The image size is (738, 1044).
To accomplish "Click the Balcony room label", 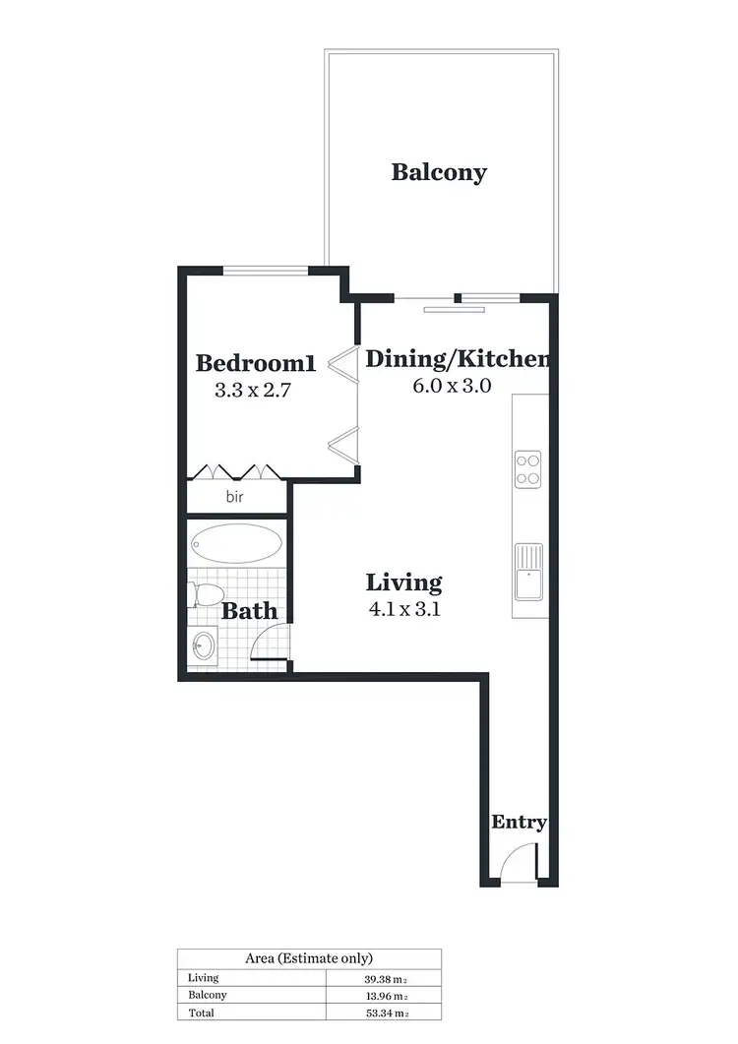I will click(x=439, y=172).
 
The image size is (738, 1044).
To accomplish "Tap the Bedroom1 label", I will click(x=256, y=363).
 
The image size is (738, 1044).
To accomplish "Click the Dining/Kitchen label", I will click(x=458, y=359).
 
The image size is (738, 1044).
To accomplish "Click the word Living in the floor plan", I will click(x=404, y=582).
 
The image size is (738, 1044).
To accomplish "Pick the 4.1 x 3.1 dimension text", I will click(x=402, y=608).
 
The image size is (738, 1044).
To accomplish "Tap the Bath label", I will click(x=249, y=611).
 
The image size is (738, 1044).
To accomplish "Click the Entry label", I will click(x=519, y=823).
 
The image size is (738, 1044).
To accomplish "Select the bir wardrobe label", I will click(x=235, y=497).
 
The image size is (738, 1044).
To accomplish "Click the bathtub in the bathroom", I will click(x=236, y=542).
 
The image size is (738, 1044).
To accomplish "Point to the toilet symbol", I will click(x=206, y=595).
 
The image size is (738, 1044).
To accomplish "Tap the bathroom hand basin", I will click(x=204, y=645).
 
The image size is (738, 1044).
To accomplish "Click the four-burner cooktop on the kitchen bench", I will click(x=528, y=467).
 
